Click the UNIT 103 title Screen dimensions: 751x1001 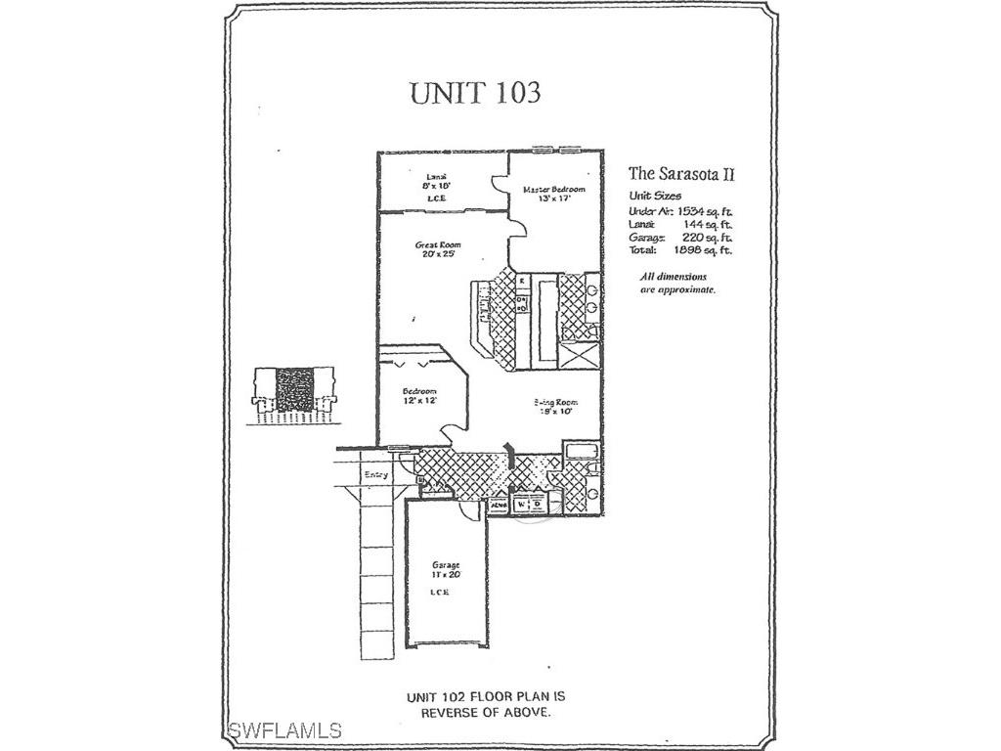point(474,93)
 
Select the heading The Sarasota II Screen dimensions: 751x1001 point(680,174)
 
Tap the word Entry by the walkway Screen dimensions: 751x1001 point(376,475)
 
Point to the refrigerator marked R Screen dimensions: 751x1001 point(522,282)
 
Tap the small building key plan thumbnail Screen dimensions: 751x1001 point(293,393)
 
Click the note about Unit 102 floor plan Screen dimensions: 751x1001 point(486,705)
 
